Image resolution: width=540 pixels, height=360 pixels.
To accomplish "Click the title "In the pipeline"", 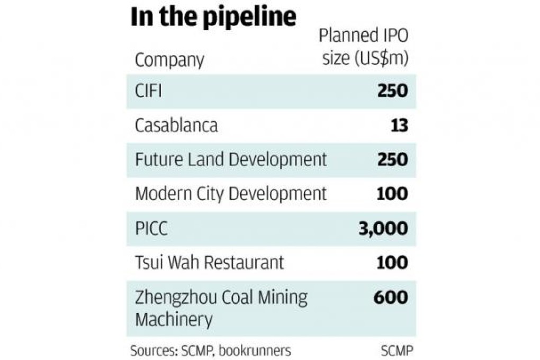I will pyautogui.click(x=213, y=17).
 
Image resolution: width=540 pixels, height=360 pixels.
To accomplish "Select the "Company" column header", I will pyautogui.click(x=169, y=59).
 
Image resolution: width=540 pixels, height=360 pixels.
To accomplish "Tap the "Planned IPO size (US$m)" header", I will pyautogui.click(x=365, y=47).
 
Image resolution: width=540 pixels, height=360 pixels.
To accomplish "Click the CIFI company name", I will pyautogui.click(x=148, y=91).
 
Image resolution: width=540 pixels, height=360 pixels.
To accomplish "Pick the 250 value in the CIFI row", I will pyautogui.click(x=392, y=91).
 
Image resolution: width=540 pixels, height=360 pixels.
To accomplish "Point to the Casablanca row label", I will pyautogui.click(x=176, y=125).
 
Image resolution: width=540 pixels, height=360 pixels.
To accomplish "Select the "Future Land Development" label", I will pyautogui.click(x=231, y=159).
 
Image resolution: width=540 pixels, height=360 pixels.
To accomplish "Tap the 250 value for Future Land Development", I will pyautogui.click(x=392, y=159).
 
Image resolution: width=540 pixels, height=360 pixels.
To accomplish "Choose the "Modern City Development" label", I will pyautogui.click(x=231, y=194).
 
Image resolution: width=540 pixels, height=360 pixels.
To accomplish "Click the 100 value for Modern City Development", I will pyautogui.click(x=392, y=194).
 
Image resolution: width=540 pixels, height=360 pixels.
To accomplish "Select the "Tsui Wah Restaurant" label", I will pyautogui.click(x=210, y=263).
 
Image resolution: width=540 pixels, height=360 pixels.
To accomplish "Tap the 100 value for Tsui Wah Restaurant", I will pyautogui.click(x=392, y=263).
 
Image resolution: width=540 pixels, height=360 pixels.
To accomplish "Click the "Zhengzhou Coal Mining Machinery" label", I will pyautogui.click(x=221, y=308).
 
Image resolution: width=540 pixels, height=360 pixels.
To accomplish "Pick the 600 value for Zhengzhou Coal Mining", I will pyautogui.click(x=391, y=297).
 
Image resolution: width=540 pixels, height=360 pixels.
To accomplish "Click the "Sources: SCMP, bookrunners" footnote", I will pyautogui.click(x=211, y=350).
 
